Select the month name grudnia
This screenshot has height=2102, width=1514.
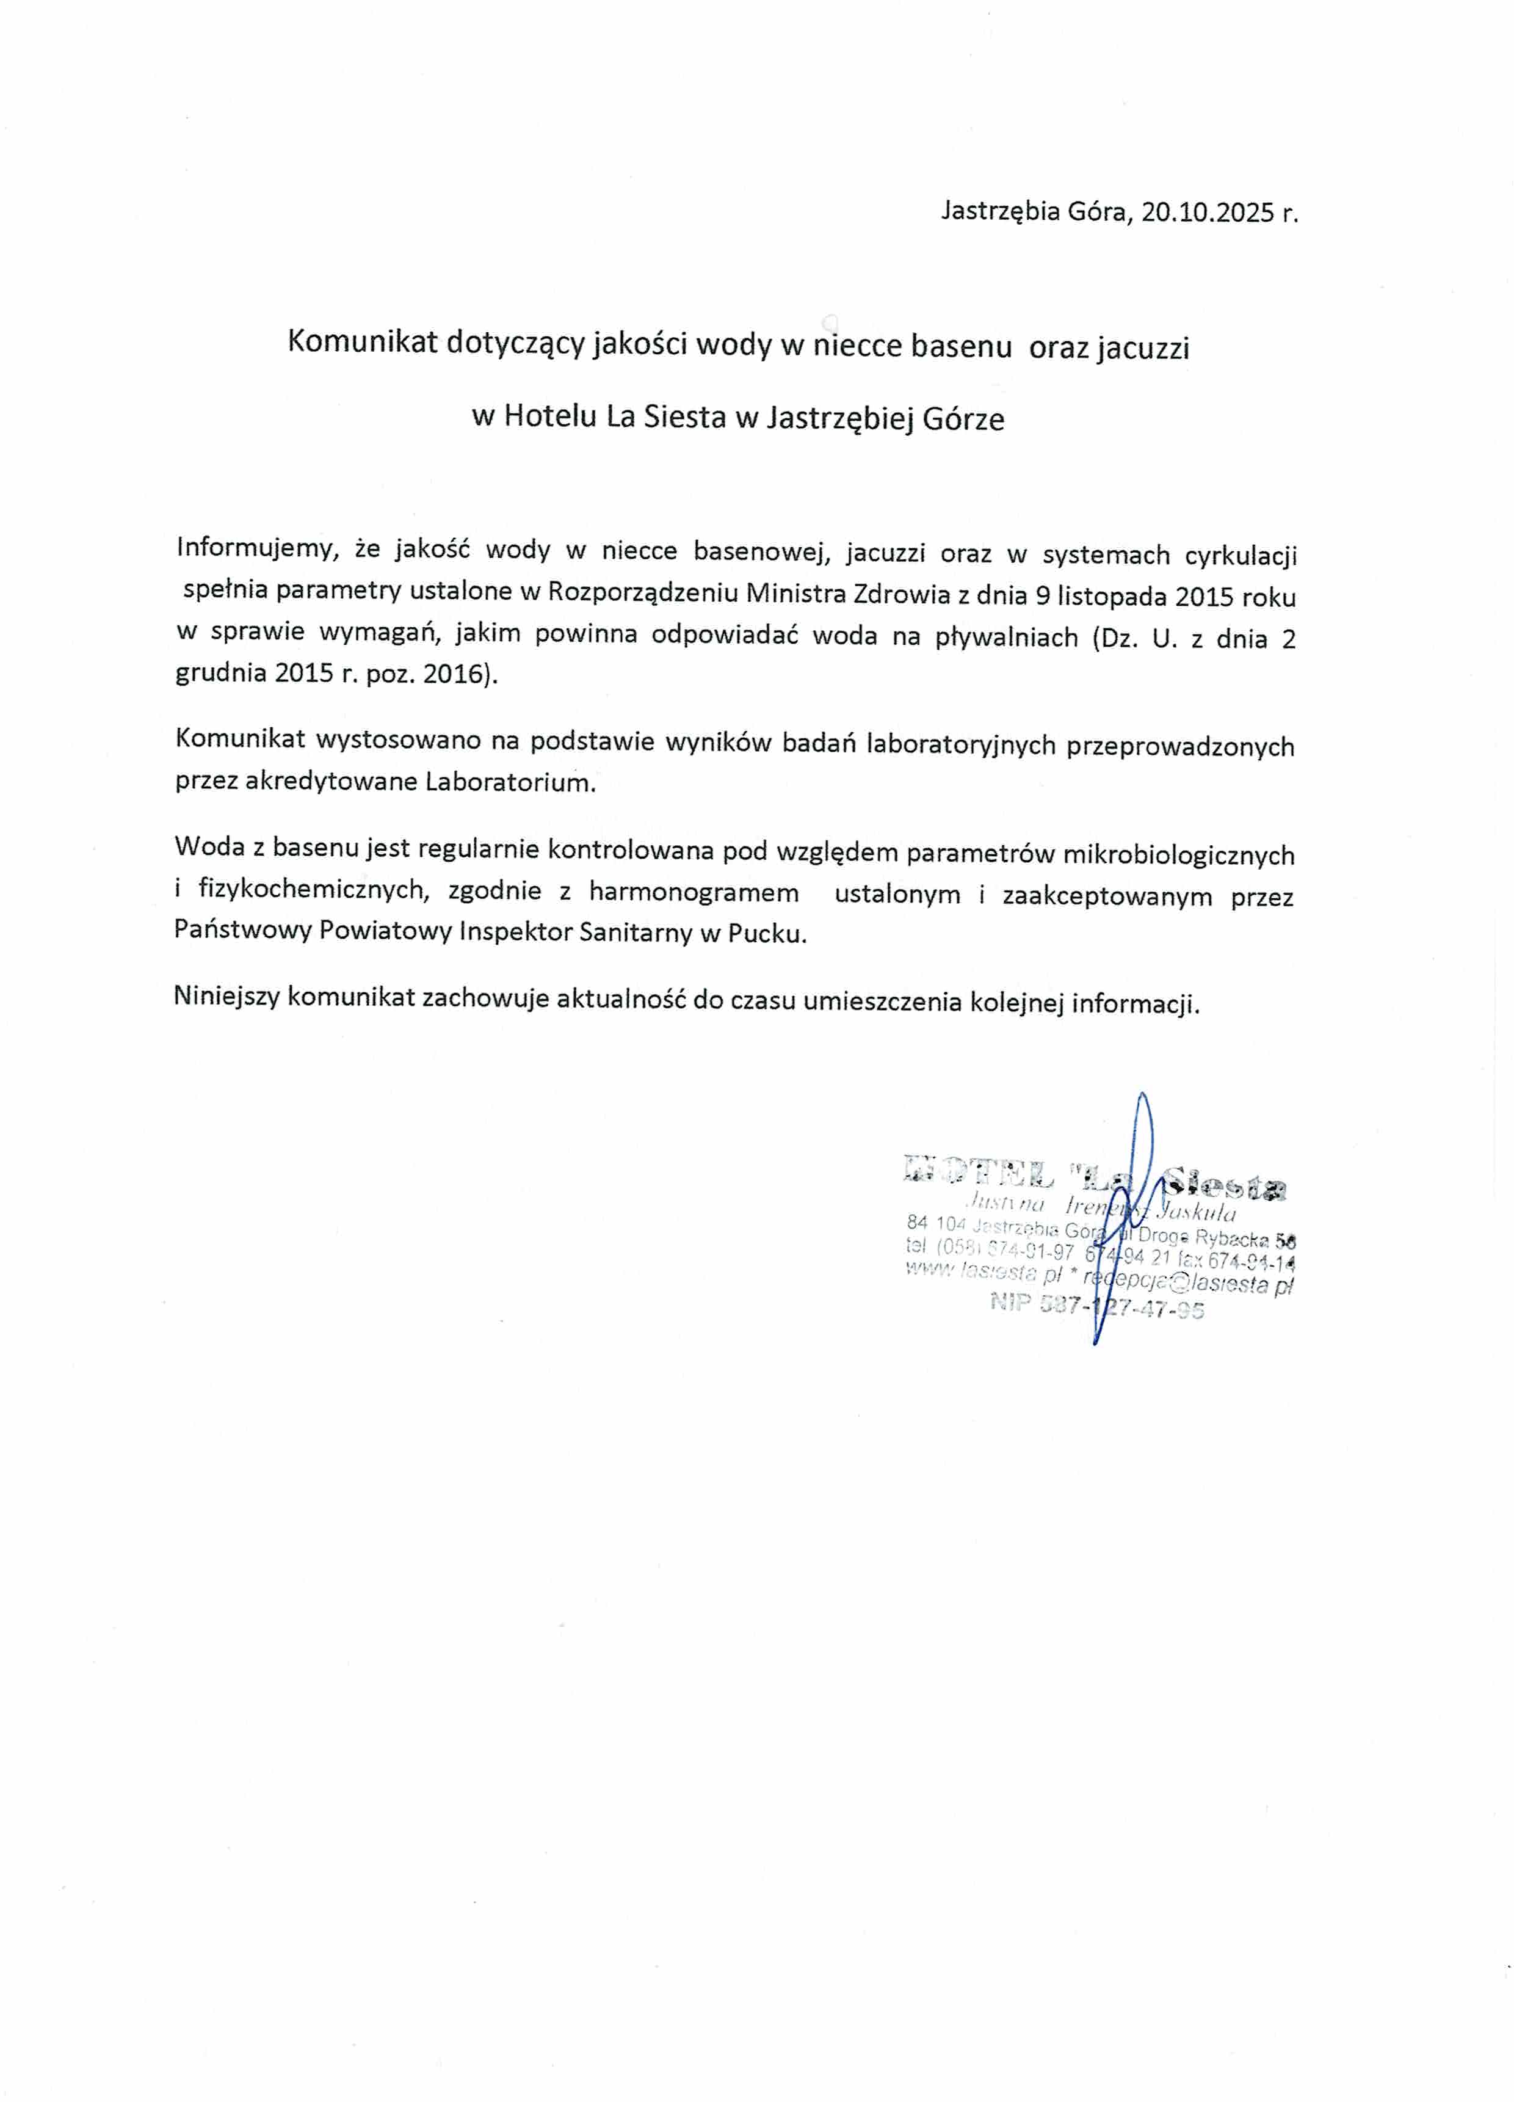[x=220, y=674]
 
